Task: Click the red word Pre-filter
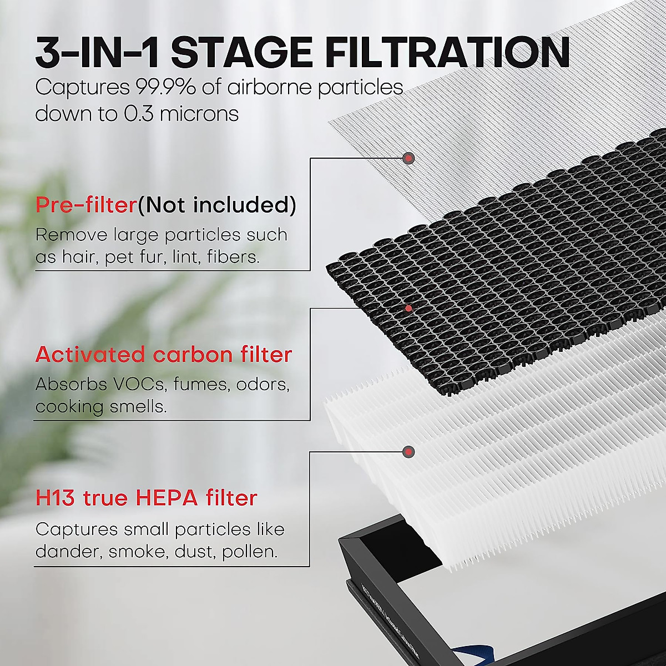coord(86,205)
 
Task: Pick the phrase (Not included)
coord(217,205)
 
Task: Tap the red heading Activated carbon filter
coord(164,355)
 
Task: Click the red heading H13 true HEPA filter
coord(147,498)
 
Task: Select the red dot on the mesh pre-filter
coord(409,159)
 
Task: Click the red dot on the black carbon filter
coord(409,308)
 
